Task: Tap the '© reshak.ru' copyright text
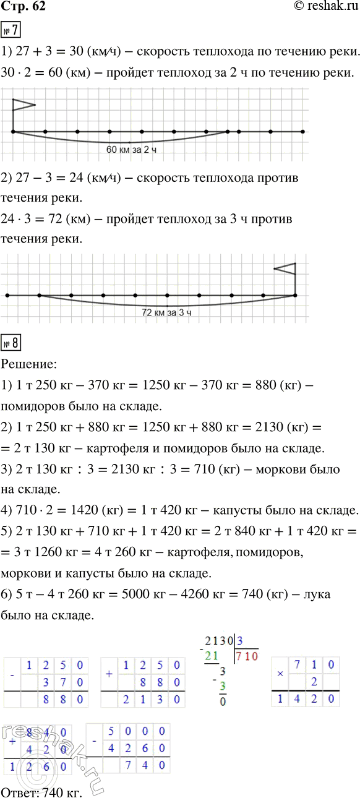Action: click(x=324, y=8)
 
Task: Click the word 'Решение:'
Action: click(x=30, y=361)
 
